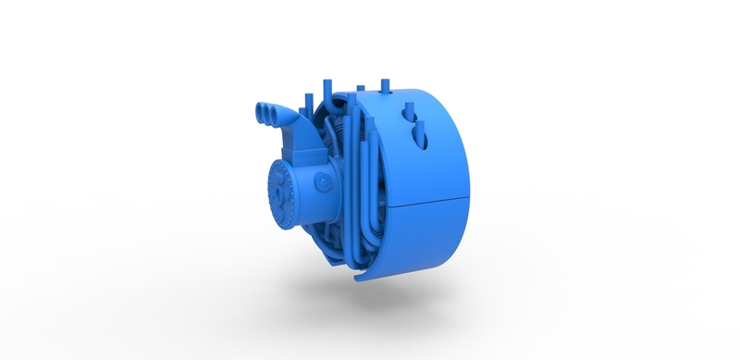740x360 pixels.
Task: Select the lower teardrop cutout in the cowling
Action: [x=420, y=136]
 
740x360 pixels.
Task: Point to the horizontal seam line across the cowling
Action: [x=430, y=201]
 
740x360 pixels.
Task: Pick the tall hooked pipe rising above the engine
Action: [x=327, y=93]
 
